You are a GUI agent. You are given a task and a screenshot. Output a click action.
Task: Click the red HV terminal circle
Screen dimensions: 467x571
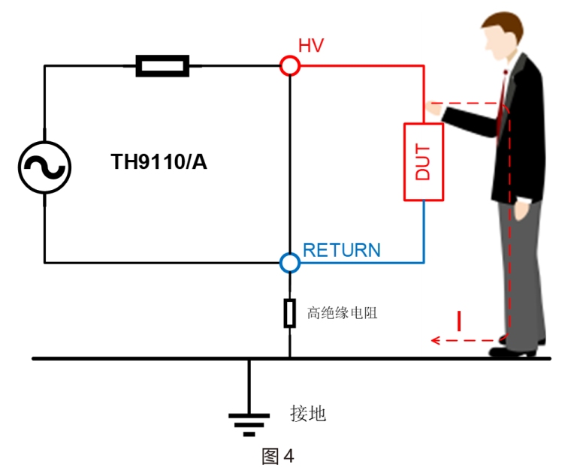point(290,65)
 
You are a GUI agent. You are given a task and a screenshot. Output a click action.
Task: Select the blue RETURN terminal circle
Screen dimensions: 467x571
point(290,263)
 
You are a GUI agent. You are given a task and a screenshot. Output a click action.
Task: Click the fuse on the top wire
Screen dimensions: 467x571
point(162,65)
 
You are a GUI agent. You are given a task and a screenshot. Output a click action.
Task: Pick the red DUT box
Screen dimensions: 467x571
point(424,161)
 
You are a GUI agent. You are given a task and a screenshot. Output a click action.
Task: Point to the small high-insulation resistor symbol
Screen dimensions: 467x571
point(290,312)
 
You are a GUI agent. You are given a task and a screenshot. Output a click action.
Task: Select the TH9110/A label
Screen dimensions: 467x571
point(159,161)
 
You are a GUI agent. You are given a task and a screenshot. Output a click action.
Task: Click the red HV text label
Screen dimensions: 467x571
point(311,45)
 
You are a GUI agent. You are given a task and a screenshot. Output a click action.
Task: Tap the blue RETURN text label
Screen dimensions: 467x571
point(341,250)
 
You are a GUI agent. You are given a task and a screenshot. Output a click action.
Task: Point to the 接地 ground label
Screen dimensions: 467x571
point(308,413)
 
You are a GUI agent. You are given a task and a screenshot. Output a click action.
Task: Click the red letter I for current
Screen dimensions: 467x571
point(459,321)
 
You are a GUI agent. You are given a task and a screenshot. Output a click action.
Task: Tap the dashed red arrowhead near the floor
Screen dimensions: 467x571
point(435,341)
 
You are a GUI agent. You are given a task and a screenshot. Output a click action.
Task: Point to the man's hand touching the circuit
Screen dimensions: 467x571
point(434,109)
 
